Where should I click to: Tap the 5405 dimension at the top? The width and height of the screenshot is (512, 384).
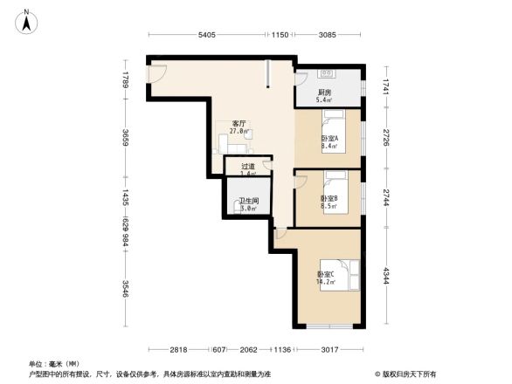206,35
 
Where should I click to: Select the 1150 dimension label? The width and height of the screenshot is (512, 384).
279,35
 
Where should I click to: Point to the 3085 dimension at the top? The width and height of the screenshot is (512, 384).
327,35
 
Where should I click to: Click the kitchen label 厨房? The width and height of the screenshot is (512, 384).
324,93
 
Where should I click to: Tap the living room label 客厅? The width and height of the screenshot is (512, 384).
239,124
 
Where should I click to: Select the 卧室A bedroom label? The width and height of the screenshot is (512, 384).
329,140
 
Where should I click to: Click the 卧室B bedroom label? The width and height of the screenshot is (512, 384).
329,199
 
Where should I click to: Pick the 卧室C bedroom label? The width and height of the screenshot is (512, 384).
326,274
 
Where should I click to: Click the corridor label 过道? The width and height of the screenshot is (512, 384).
248,166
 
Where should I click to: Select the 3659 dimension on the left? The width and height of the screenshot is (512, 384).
127,139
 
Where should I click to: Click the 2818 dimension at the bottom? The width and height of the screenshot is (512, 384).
179,350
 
